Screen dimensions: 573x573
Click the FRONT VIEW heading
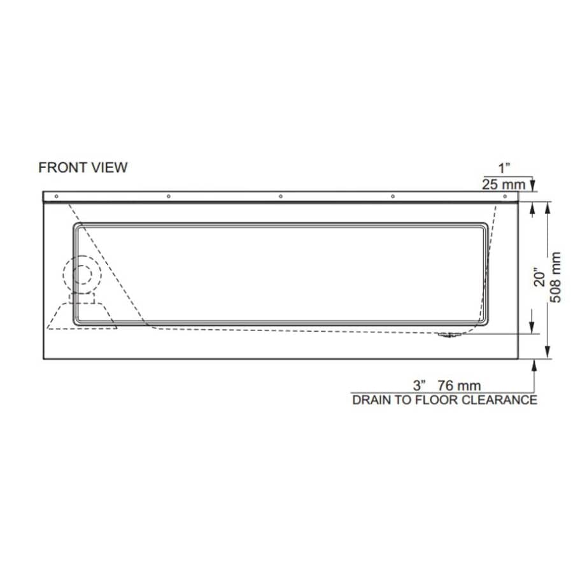click(x=83, y=167)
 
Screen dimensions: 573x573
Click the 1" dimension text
click(x=505, y=168)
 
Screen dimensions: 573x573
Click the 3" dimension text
click(x=418, y=385)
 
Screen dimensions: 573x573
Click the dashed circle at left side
click(x=82, y=274)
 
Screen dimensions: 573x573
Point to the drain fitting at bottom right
click(x=449, y=334)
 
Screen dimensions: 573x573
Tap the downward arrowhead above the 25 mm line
click(x=534, y=187)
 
